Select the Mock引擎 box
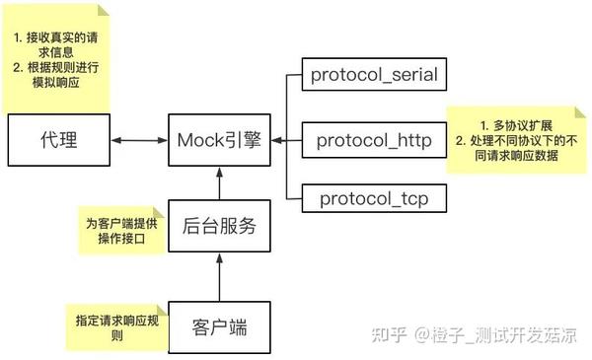[219, 141]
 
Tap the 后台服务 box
[219, 226]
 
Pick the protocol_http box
[374, 141]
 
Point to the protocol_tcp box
[374, 199]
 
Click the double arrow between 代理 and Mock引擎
[139, 141]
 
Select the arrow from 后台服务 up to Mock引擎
[219, 183]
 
